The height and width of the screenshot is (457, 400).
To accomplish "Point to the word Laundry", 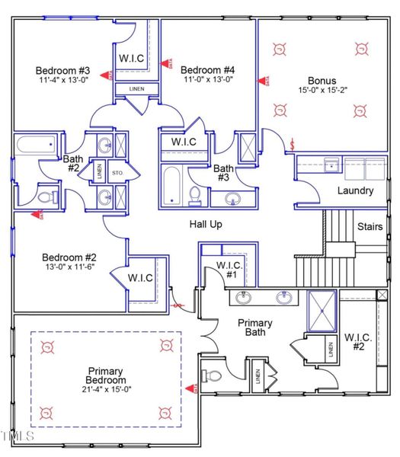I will (355, 190).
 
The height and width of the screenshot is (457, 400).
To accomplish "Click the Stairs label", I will (370, 227).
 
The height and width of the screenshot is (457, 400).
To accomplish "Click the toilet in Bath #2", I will (47, 197).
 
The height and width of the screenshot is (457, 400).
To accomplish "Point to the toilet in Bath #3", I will (194, 196).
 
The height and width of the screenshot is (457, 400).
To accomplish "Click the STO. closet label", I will (118, 173).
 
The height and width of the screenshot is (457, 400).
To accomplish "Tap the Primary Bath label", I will (255, 328).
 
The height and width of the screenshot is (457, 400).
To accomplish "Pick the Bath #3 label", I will (223, 173).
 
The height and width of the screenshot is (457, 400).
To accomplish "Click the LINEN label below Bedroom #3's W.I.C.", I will (136, 89).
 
